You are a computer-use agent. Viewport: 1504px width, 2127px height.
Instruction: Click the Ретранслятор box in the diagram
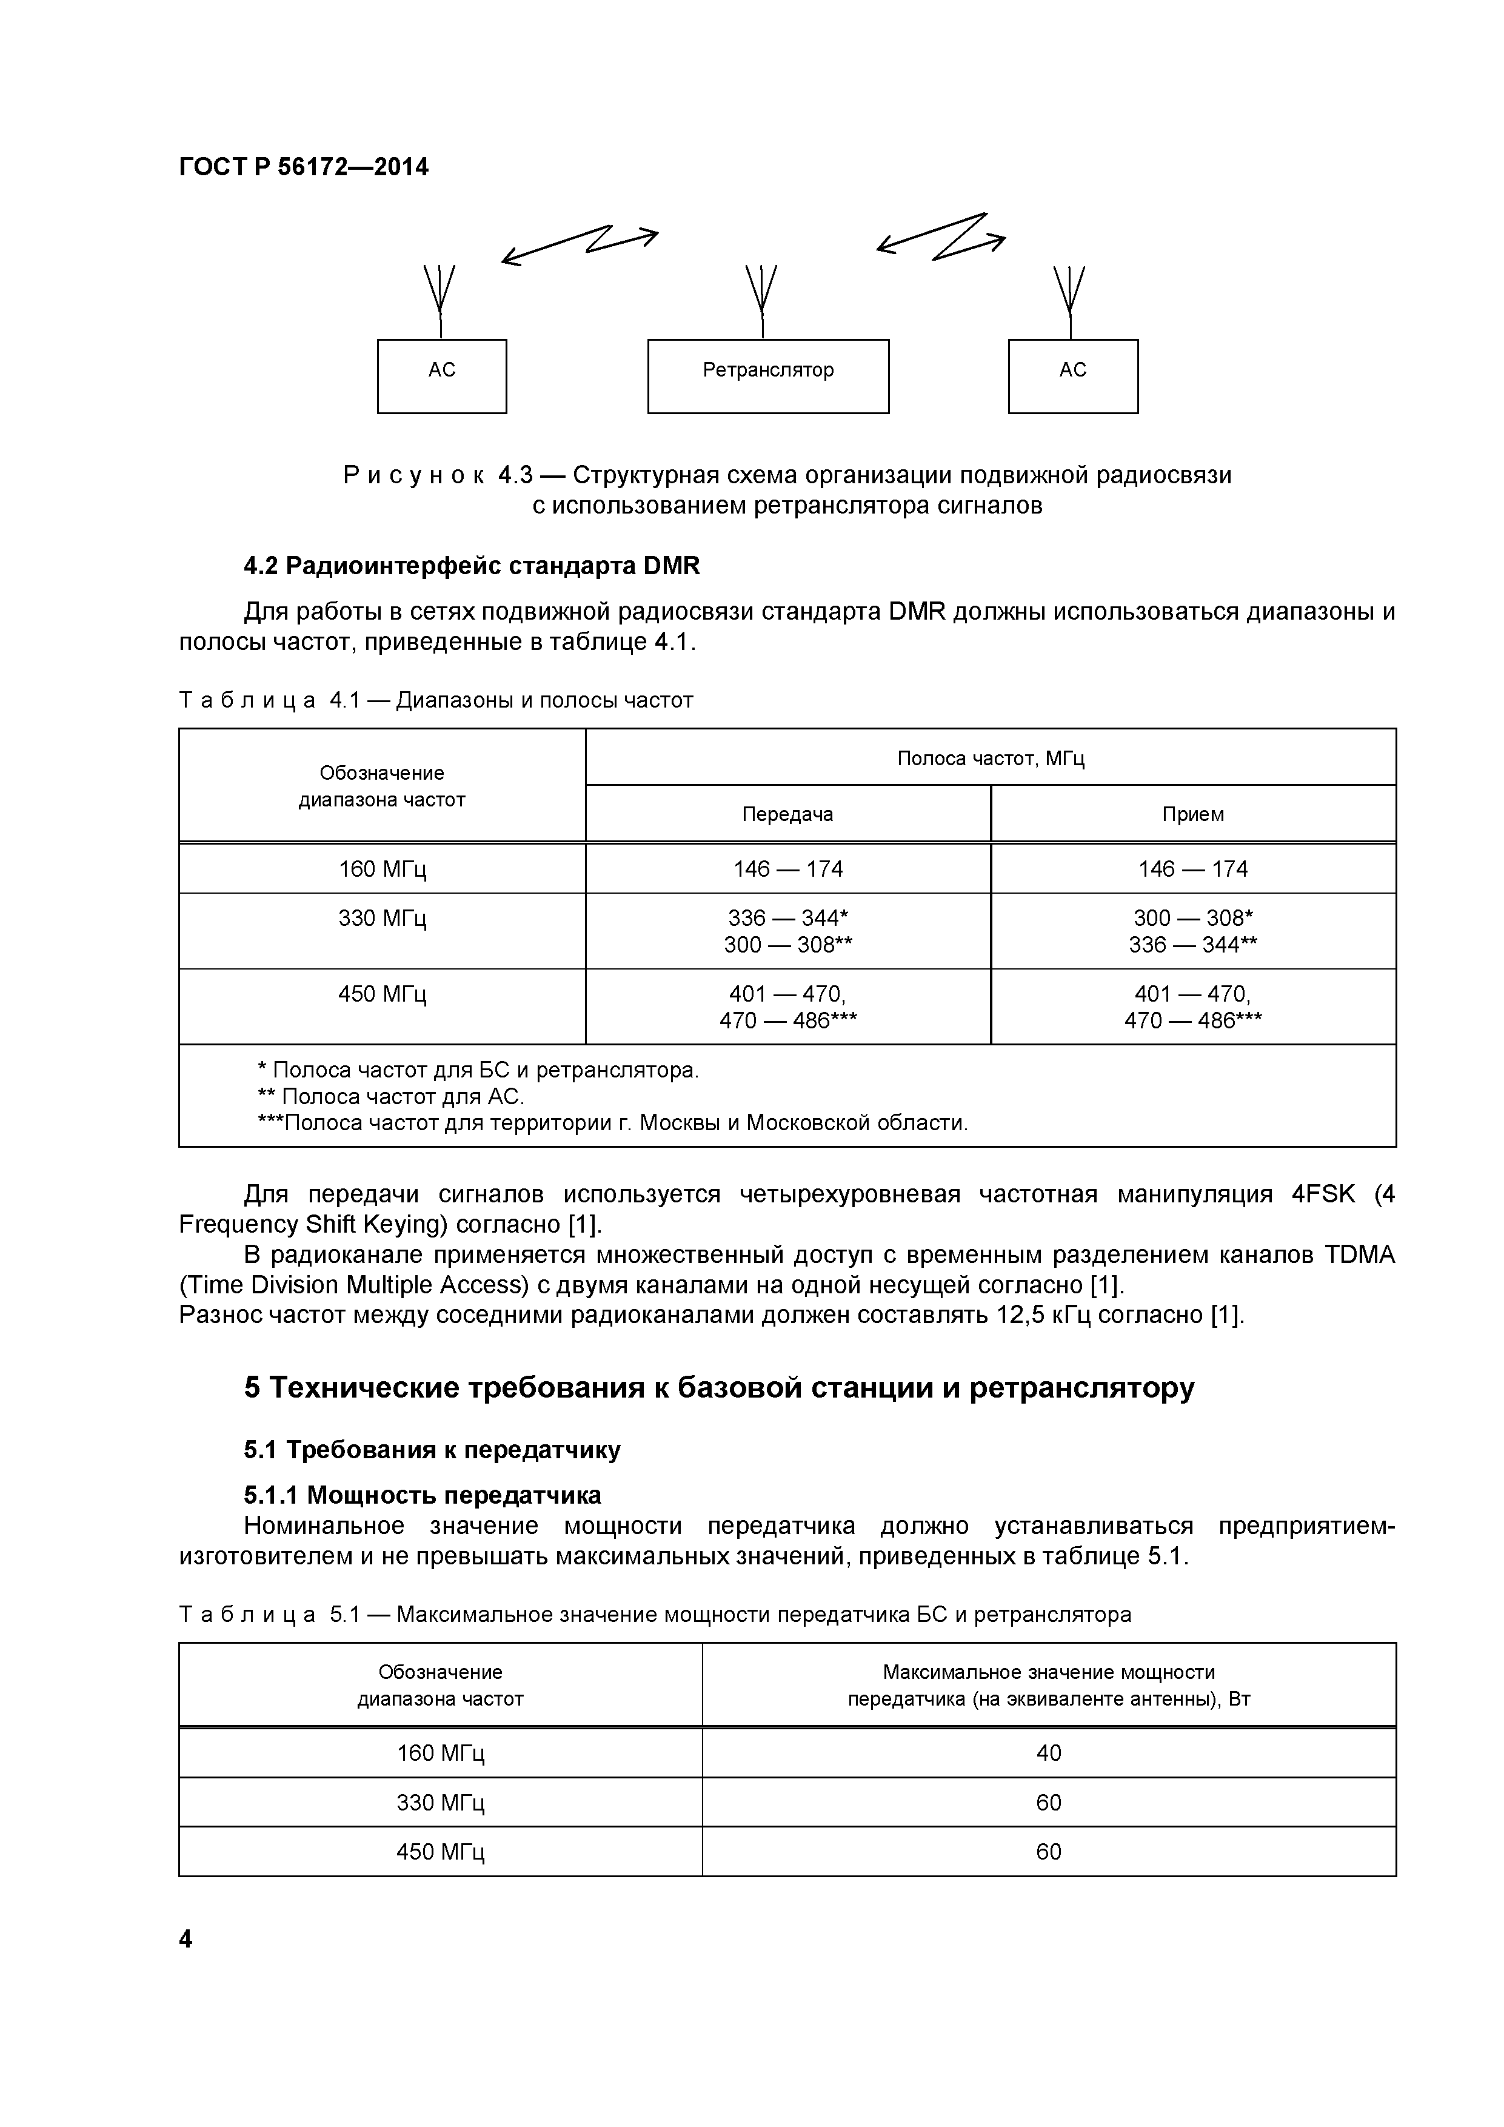[767, 375]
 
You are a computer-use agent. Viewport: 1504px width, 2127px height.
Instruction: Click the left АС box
[442, 375]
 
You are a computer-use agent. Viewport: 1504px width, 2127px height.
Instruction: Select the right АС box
[1072, 375]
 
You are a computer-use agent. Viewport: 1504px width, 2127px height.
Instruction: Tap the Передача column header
[787, 814]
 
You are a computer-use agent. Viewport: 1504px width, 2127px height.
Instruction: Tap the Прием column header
[1193, 814]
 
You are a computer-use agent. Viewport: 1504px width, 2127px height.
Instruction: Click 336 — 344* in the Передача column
[788, 918]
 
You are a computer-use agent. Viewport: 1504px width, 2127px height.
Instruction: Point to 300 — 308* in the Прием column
[1193, 918]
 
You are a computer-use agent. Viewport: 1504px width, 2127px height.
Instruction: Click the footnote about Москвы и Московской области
[612, 1124]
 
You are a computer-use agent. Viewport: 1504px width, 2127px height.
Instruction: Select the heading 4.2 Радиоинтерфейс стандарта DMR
[472, 566]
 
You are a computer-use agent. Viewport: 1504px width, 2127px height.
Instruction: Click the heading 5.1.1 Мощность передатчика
[423, 1495]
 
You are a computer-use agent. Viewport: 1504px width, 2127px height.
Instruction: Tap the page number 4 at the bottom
[185, 1939]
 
